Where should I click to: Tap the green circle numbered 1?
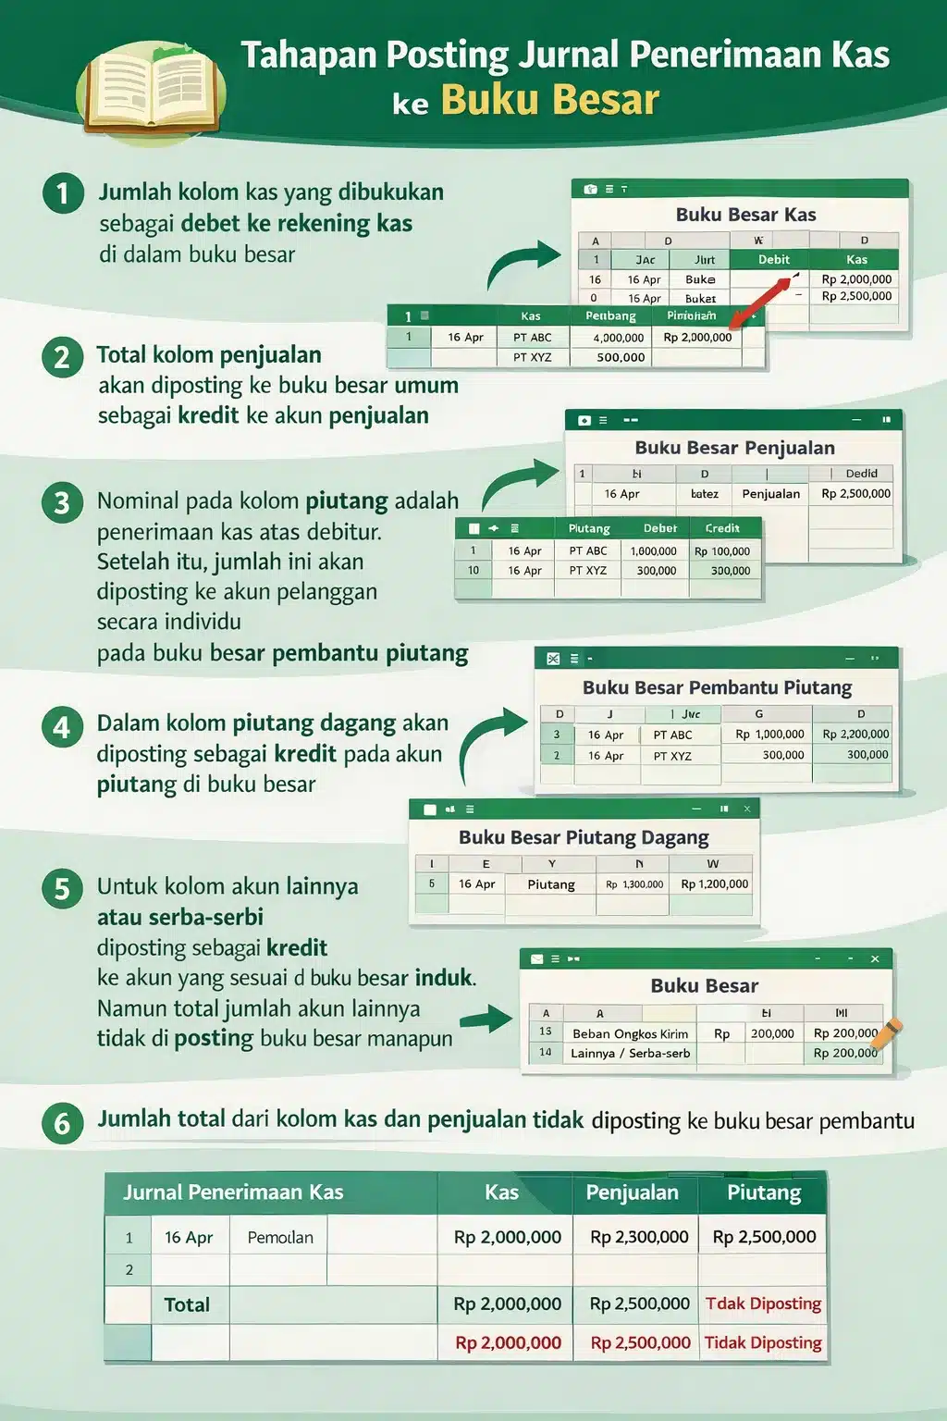63,193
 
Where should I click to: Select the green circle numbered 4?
62,727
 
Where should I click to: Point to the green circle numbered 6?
62,1123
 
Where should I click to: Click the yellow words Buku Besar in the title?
550,100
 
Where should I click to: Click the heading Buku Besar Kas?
745,215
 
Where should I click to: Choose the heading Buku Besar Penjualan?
734,448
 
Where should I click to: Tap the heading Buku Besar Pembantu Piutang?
717,687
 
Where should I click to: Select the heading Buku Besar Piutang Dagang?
584,837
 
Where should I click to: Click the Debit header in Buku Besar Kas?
774,260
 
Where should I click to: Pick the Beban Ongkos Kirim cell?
630,1033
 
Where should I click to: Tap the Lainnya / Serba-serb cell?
630,1053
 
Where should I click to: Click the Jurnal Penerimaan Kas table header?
233,1192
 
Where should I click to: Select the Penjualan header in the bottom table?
633,1192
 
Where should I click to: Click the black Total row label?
187,1304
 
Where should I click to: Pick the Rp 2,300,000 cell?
639,1237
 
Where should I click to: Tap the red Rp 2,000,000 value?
508,1342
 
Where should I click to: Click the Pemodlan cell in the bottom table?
280,1237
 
